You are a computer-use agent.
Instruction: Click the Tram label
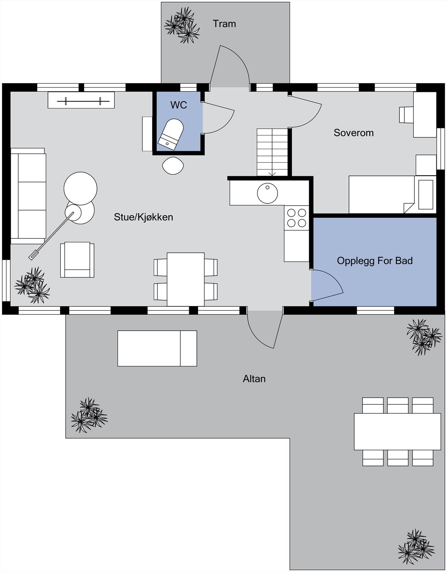224,24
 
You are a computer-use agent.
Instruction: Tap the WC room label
178,105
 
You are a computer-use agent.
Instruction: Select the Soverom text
353,133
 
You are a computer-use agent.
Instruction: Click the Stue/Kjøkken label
143,217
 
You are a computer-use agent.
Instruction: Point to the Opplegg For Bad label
374,261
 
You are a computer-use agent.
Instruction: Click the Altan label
254,379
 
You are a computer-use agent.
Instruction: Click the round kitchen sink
267,193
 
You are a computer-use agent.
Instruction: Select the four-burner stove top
296,218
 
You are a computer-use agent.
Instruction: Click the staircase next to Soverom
272,152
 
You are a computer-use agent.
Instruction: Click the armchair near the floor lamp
77,260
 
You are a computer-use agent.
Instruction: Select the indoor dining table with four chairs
186,279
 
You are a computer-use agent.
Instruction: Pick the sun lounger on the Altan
157,348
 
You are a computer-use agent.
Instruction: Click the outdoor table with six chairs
397,432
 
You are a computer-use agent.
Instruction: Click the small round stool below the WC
173,166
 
